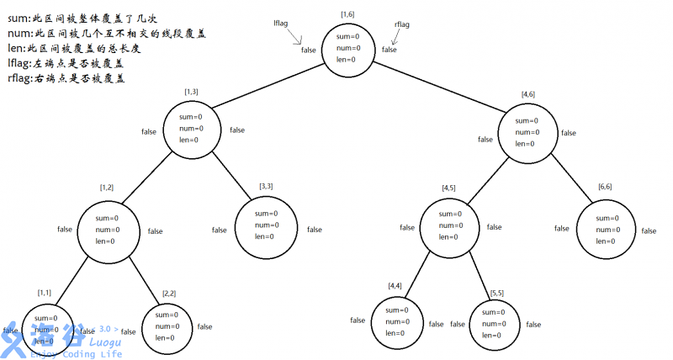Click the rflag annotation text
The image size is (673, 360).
pyautogui.click(x=402, y=25)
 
